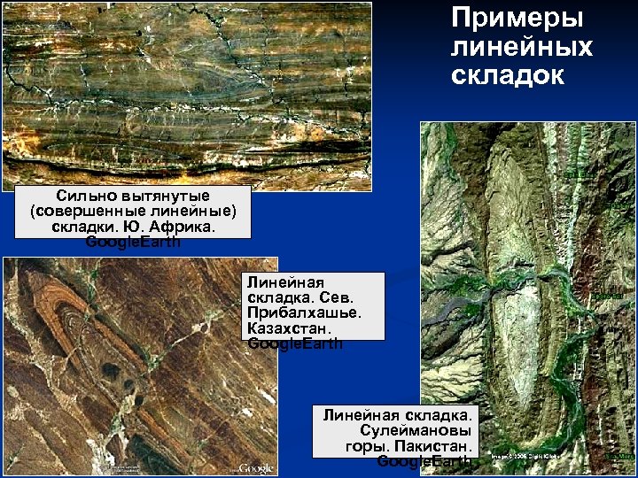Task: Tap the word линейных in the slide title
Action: click(521, 46)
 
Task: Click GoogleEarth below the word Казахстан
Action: click(295, 343)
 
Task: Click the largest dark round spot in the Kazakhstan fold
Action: click(113, 370)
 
